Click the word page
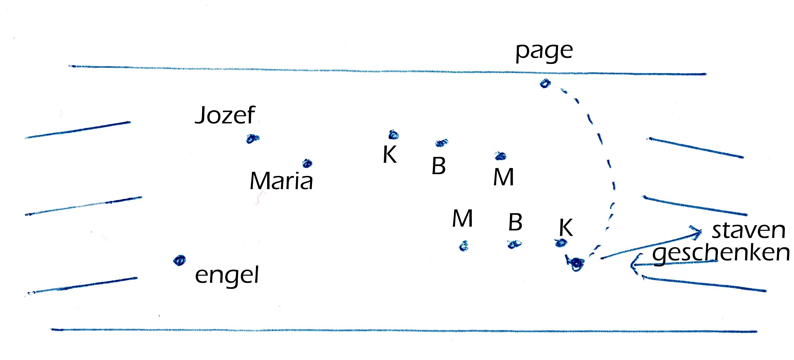[544, 52]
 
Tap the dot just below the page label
[545, 83]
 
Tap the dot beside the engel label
[179, 260]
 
